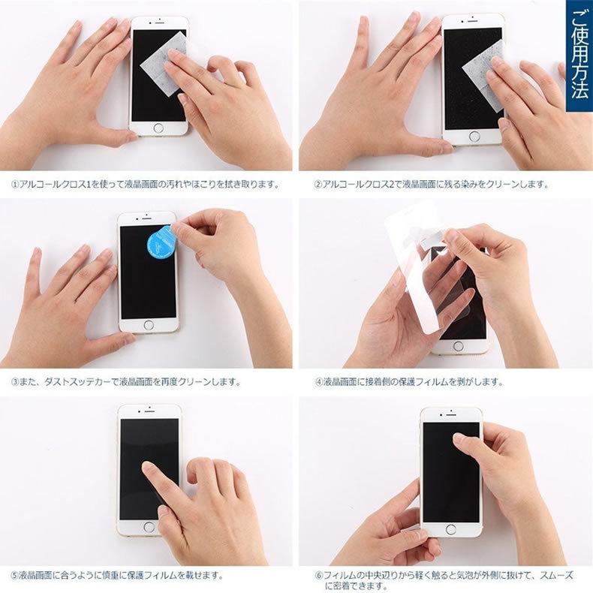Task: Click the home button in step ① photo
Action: [x=158, y=128]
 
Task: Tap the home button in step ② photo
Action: [x=474, y=137]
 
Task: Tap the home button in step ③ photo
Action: [x=148, y=325]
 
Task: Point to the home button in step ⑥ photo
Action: [x=450, y=529]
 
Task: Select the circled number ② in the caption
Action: [x=318, y=184]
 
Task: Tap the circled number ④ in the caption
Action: [x=318, y=381]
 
